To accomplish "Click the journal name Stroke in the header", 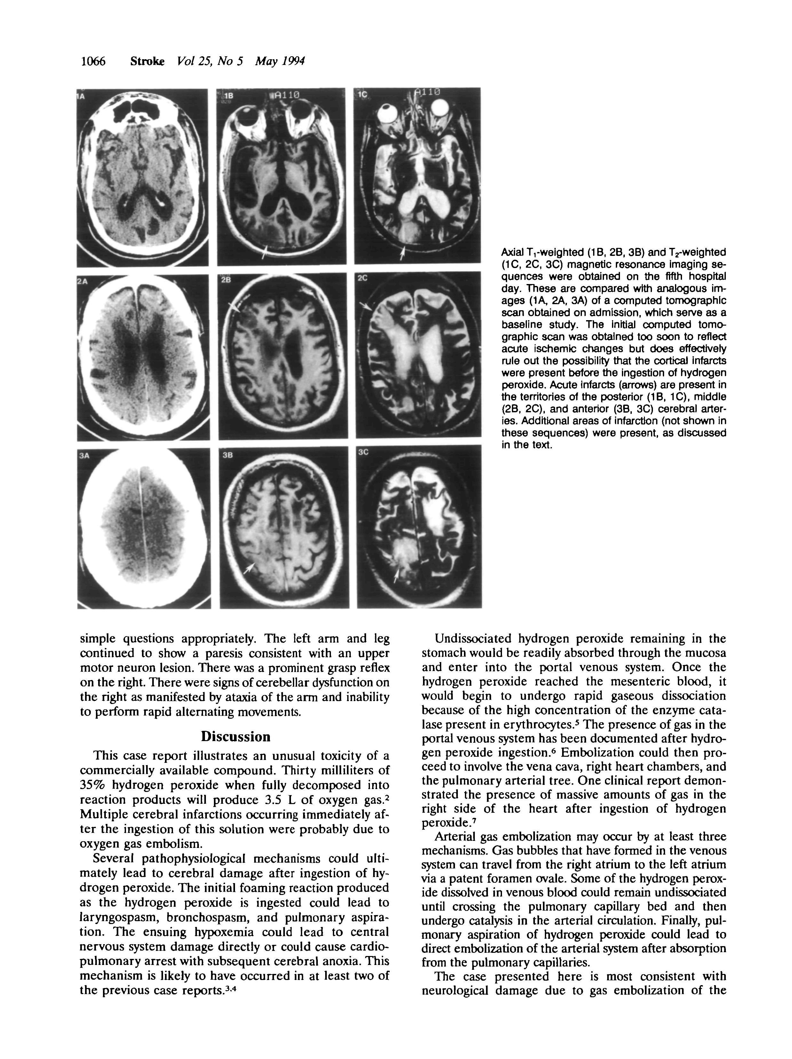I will [147, 61].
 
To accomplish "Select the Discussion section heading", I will [235, 736].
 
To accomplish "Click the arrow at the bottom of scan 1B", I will [265, 252].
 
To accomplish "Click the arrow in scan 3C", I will [397, 574].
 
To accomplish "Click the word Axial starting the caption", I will [512, 252].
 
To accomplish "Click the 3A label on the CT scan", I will [84, 456].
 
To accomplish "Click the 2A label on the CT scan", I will [82, 282].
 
